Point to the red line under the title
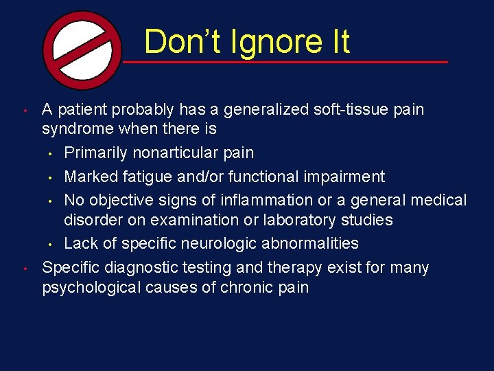coord(285,63)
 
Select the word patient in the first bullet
coord(82,110)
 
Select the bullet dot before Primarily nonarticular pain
coord(50,153)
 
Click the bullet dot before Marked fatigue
coord(50,177)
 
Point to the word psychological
coord(91,287)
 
